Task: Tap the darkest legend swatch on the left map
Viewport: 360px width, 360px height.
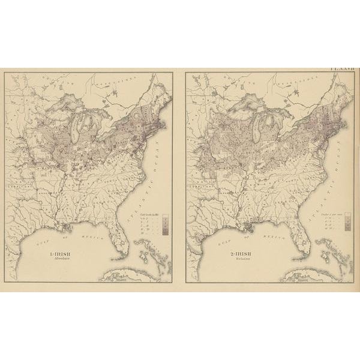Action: click(x=165, y=232)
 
